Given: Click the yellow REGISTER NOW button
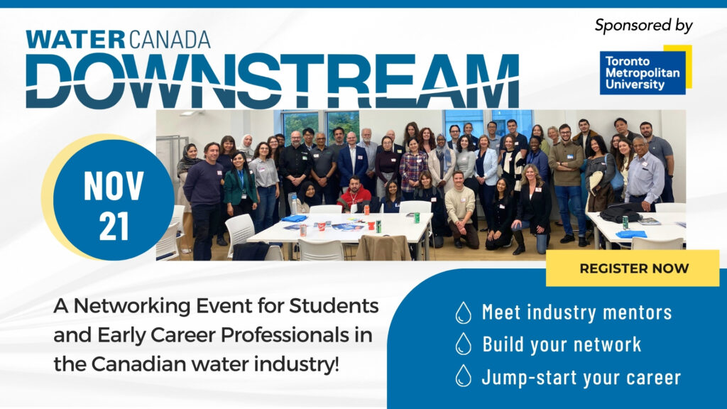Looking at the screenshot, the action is [633, 268].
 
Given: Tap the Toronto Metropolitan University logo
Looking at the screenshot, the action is [645, 70].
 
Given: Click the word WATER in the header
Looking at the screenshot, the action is [75, 40].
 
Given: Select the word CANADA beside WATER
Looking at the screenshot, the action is [169, 40].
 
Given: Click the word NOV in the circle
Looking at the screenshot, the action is [114, 186].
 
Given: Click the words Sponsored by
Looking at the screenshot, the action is [643, 26].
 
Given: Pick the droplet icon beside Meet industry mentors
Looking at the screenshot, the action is [463, 312].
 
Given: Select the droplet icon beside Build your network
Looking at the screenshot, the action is [463, 344].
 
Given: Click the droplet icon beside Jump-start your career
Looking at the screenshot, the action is [463, 376].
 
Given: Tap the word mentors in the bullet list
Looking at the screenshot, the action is [637, 312].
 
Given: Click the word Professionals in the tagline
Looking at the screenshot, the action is [278, 335].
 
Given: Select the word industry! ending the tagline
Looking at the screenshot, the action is [297, 364].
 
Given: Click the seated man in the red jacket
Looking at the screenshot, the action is [354, 193].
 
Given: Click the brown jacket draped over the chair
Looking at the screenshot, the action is [383, 248].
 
